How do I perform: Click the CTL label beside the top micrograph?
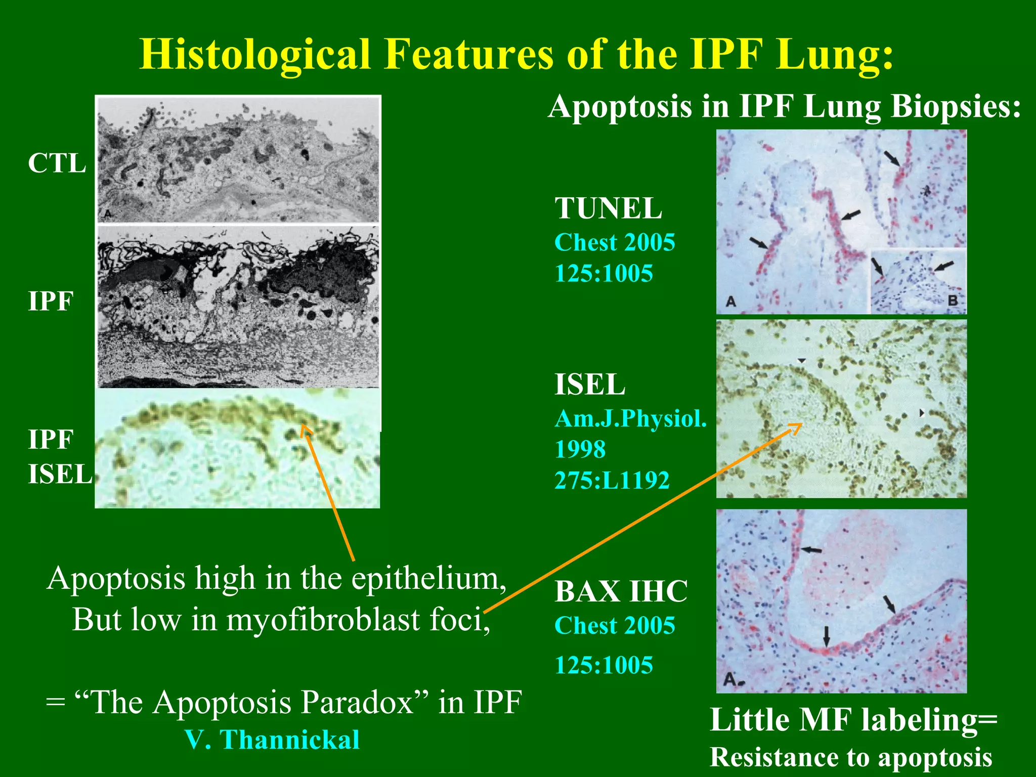pyautogui.click(x=57, y=163)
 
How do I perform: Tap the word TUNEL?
pyautogui.click(x=608, y=208)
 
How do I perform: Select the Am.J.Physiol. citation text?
pyautogui.click(x=630, y=418)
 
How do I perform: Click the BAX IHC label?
pyautogui.click(x=621, y=591)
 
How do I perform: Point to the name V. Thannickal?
pyautogui.click(x=272, y=740)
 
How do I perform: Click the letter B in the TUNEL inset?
pyautogui.click(x=953, y=300)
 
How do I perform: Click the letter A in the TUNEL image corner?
pyautogui.click(x=730, y=302)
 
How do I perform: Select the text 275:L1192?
pyautogui.click(x=612, y=480)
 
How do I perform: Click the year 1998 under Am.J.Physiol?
pyautogui.click(x=580, y=449)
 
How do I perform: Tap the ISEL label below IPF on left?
pyautogui.click(x=60, y=474)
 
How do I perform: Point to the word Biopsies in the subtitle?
pyautogui.click(x=955, y=107)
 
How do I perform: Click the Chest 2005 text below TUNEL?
pyautogui.click(x=614, y=242)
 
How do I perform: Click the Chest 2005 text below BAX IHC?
pyautogui.click(x=614, y=625)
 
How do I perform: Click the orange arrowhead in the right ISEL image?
pyautogui.click(x=796, y=427)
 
